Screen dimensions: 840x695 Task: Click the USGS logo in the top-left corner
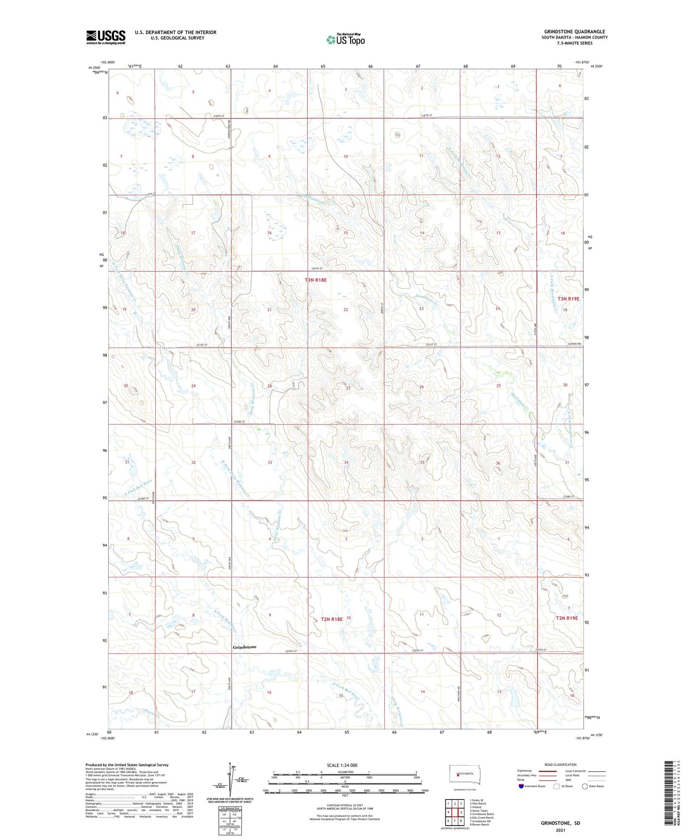pyautogui.click(x=106, y=37)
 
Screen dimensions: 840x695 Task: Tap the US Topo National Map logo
pyautogui.click(x=345, y=39)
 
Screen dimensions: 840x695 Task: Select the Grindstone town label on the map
pyautogui.click(x=244, y=647)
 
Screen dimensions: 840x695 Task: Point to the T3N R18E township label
pyautogui.click(x=316, y=280)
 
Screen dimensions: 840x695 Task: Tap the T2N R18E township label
pyautogui.click(x=331, y=619)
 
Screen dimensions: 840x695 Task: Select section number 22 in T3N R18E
pyautogui.click(x=345, y=310)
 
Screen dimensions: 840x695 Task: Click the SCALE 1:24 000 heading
pyautogui.click(x=342, y=765)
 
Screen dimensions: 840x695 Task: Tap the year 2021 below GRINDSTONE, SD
pyautogui.click(x=560, y=830)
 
